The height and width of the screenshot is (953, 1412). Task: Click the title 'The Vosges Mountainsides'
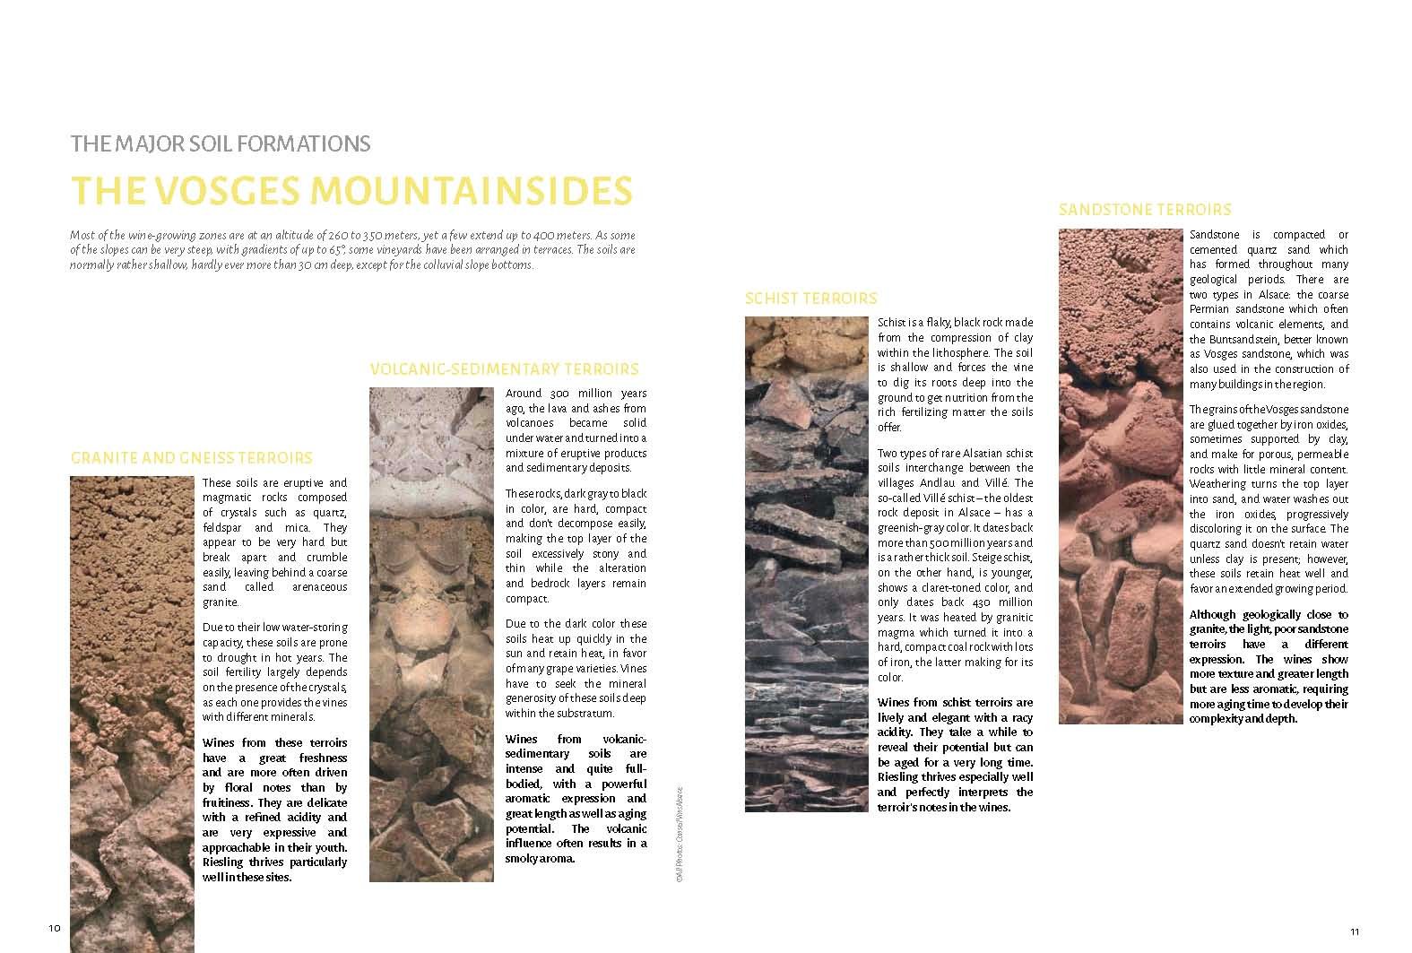pyautogui.click(x=351, y=190)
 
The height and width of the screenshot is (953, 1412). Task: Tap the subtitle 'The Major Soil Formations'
pyautogui.click(x=221, y=143)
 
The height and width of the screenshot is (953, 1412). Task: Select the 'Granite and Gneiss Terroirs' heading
pyautogui.click(x=191, y=458)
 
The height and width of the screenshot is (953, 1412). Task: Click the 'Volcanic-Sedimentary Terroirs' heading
pyautogui.click(x=504, y=369)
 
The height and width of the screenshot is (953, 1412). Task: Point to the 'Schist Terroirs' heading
pyautogui.click(x=810, y=299)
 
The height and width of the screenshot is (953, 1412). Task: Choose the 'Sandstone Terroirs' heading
pyautogui.click(x=1145, y=210)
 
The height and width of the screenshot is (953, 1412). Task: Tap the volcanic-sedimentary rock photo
pyautogui.click(x=431, y=634)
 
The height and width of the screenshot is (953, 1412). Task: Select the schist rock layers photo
pyautogui.click(x=806, y=564)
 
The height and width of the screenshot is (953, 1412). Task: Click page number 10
pyautogui.click(x=54, y=928)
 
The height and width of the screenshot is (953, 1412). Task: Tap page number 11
pyautogui.click(x=1355, y=931)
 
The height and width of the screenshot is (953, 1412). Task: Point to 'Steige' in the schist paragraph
pyautogui.click(x=895, y=572)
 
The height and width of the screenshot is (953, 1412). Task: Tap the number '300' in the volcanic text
pyautogui.click(x=560, y=394)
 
